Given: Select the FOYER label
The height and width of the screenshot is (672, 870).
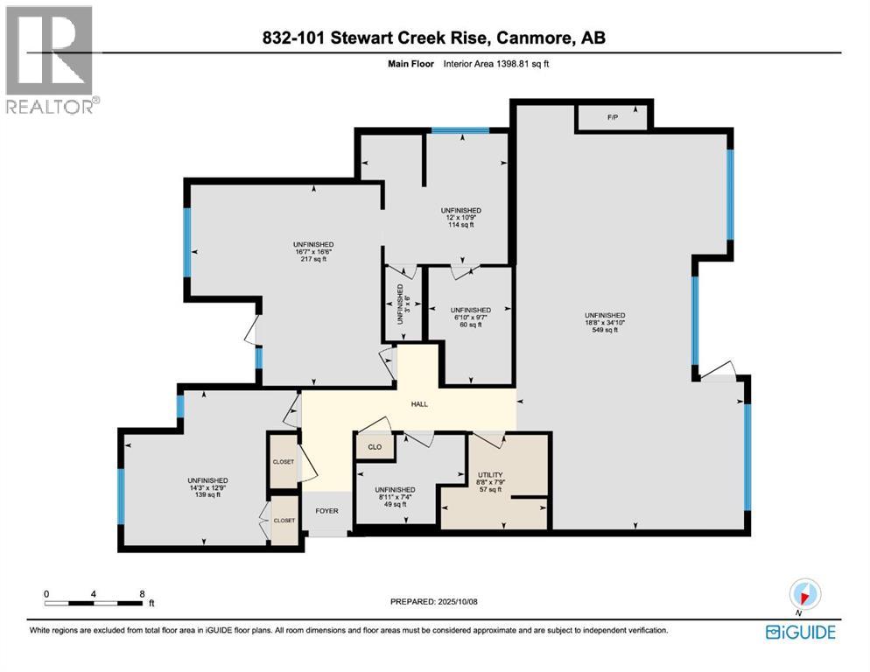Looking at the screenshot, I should point(326,511).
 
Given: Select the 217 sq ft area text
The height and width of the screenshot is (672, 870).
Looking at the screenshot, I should point(313,260).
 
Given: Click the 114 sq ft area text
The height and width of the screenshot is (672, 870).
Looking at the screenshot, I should point(460,226).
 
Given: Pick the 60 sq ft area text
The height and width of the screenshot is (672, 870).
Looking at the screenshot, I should point(470,325).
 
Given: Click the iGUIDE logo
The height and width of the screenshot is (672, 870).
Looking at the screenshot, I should point(800,632).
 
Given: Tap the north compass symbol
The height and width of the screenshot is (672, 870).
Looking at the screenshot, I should point(803,596).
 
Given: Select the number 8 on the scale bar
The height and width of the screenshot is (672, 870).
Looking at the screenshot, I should point(143,592).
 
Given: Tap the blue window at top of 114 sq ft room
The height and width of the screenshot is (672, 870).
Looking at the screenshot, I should point(459,131).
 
